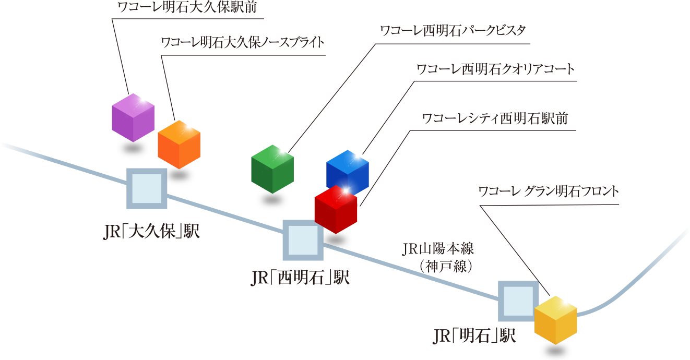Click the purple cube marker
click(134, 117)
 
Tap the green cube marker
click(272, 169)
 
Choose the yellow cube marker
click(555, 319)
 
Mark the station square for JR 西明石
click(302, 240)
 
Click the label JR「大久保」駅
click(152, 231)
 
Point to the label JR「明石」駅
click(474, 335)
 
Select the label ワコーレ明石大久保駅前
click(188, 8)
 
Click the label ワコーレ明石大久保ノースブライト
click(243, 42)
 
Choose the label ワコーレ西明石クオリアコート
click(495, 69)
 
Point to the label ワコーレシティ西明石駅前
click(494, 118)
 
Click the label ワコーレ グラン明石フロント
click(549, 191)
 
